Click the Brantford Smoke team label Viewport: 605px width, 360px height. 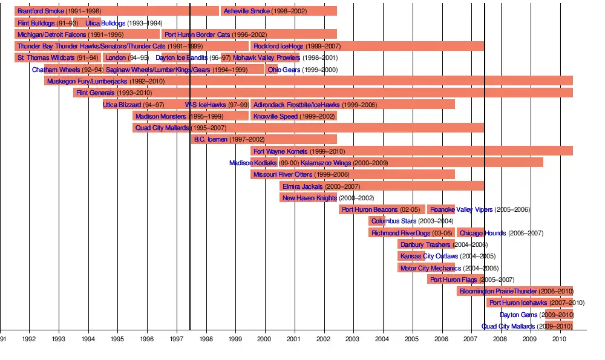click(x=41, y=11)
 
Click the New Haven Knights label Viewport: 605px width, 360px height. click(x=309, y=198)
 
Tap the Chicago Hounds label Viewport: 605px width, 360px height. click(x=482, y=233)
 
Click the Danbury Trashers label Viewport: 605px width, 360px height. click(x=425, y=244)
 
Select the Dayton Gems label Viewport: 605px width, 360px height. click(x=518, y=315)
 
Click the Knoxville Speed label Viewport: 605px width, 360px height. click(x=275, y=116)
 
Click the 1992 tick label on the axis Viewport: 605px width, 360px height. click(x=29, y=339)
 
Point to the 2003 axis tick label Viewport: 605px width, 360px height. click(x=353, y=339)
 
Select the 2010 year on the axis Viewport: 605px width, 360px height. click(x=559, y=339)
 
